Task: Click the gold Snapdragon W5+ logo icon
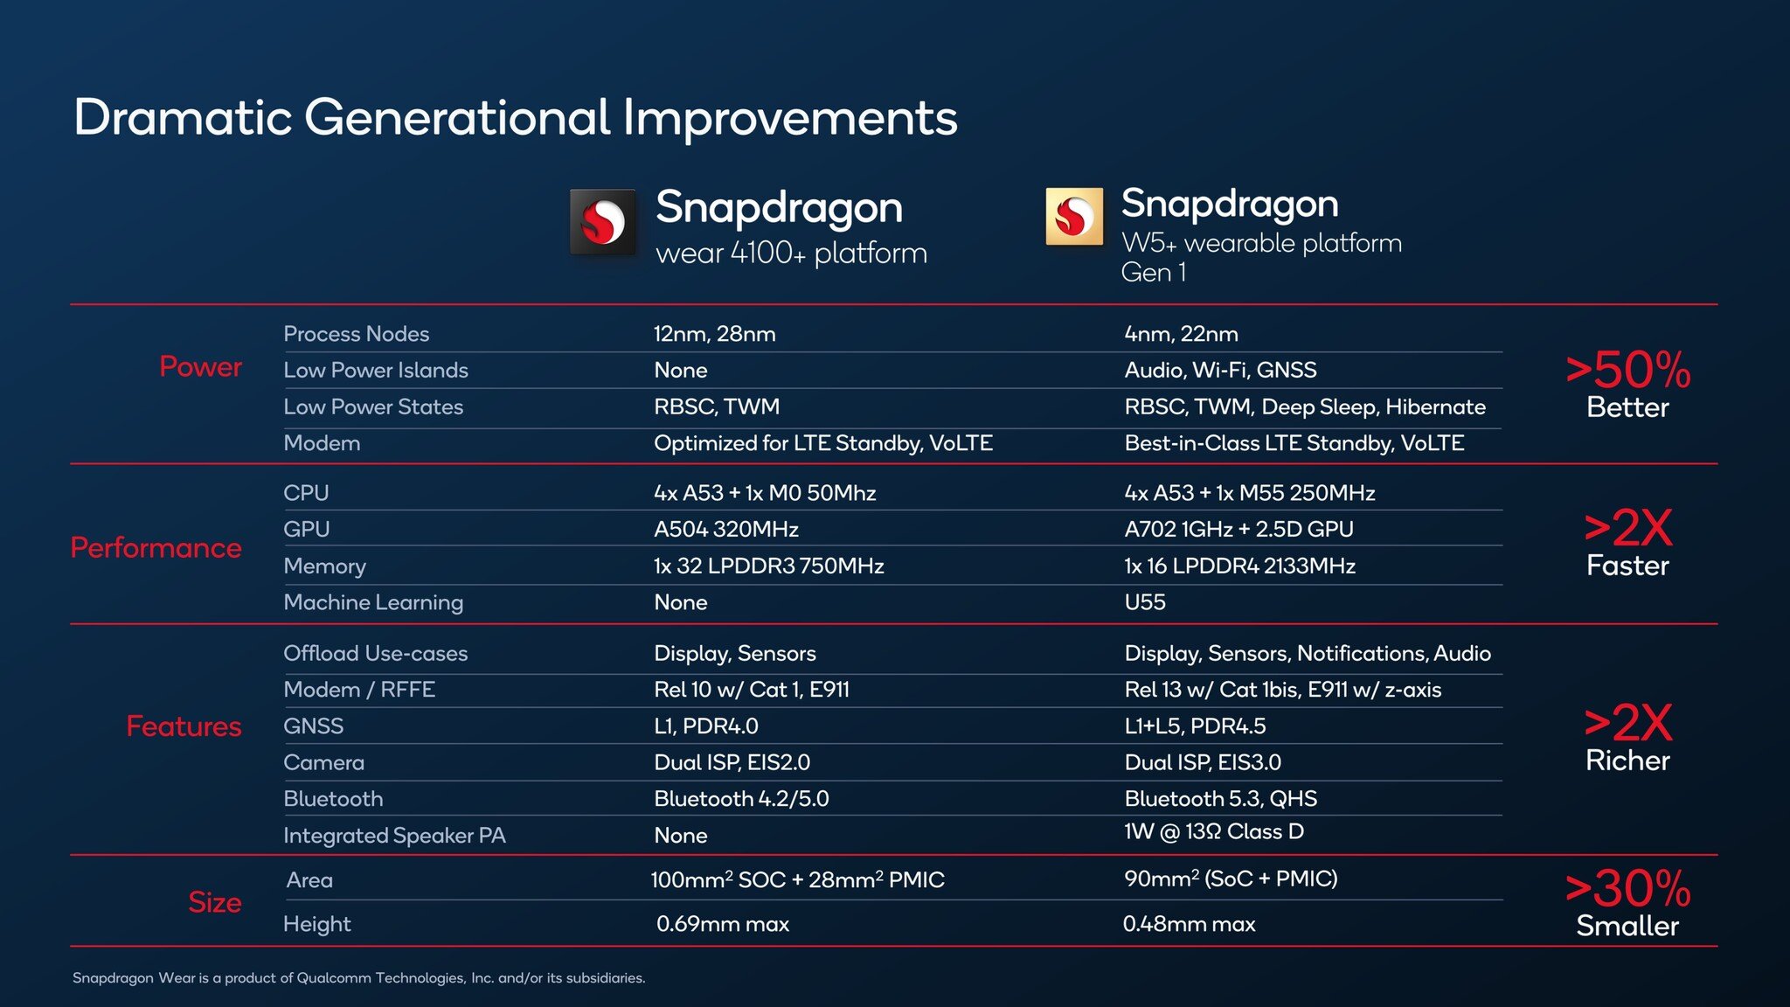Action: pyautogui.click(x=1073, y=217)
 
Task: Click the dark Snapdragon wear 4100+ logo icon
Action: pyautogui.click(x=602, y=222)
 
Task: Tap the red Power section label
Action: pyautogui.click(x=200, y=366)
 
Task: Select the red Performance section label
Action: pyautogui.click(x=156, y=548)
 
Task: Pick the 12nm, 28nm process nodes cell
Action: pyautogui.click(x=714, y=334)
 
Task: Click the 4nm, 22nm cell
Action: pyautogui.click(x=1181, y=334)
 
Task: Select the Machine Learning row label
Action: pyautogui.click(x=373, y=602)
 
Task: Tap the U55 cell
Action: pyautogui.click(x=1145, y=602)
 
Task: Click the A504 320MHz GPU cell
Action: pyautogui.click(x=725, y=530)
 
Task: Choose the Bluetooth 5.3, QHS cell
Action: pyautogui.click(x=1220, y=799)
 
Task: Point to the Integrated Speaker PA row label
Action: pyautogui.click(x=394, y=836)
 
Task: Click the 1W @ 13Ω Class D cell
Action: pyautogui.click(x=1214, y=832)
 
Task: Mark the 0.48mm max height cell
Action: pyautogui.click(x=1189, y=924)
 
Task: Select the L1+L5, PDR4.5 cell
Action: pyautogui.click(x=1195, y=726)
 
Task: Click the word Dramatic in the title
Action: pyautogui.click(x=182, y=118)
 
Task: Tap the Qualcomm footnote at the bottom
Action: pyautogui.click(x=358, y=978)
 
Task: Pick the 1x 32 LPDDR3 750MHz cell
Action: pyautogui.click(x=768, y=566)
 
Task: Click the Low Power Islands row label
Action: pyautogui.click(x=376, y=371)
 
